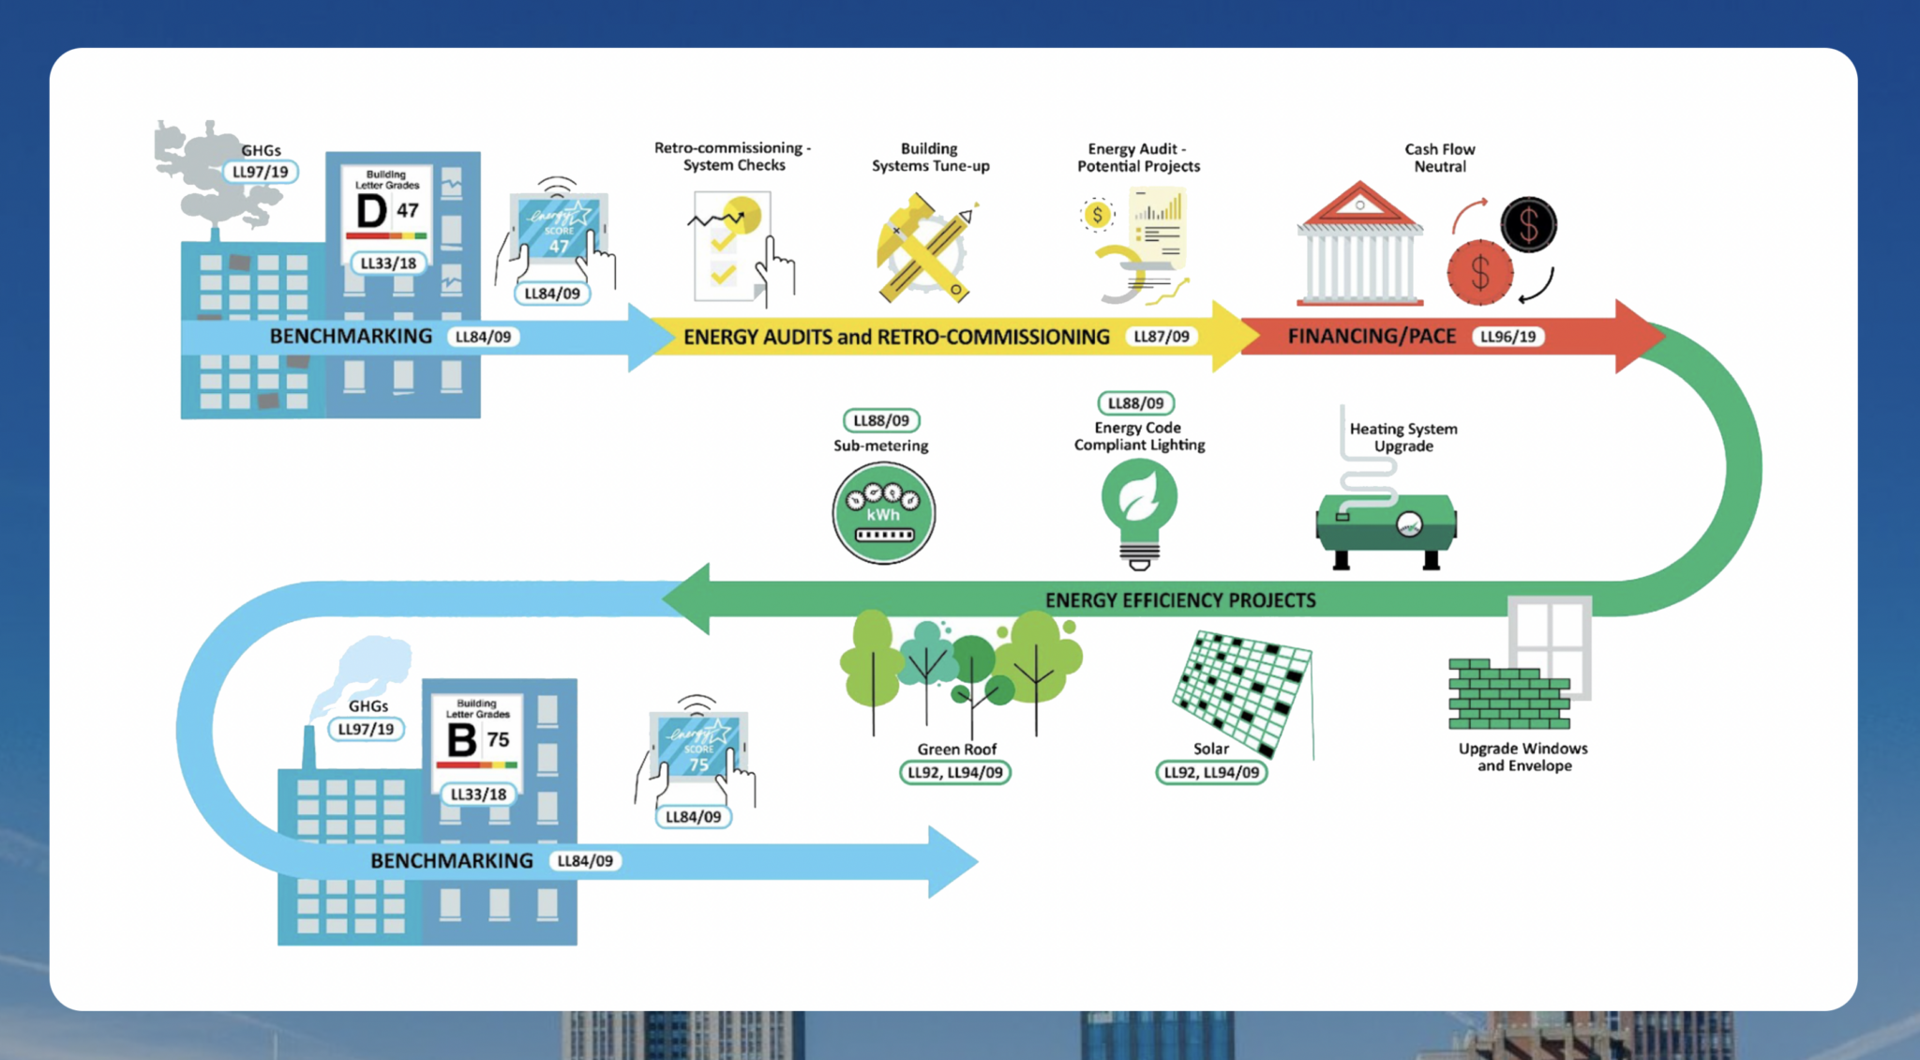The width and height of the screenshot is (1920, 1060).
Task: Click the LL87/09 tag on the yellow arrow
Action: [1161, 337]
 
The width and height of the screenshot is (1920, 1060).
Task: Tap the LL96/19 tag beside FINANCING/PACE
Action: [1507, 337]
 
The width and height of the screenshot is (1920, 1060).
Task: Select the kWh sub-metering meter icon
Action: [883, 513]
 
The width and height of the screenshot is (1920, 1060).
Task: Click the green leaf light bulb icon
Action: [1139, 507]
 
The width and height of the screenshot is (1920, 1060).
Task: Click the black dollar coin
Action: [1528, 224]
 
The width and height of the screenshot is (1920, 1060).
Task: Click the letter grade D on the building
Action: [371, 211]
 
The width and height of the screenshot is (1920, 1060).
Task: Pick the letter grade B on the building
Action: [461, 740]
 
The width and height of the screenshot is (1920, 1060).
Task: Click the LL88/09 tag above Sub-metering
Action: [881, 420]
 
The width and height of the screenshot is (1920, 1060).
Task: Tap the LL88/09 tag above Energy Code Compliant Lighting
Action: [1135, 403]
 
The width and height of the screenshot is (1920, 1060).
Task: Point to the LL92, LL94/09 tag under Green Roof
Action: [954, 773]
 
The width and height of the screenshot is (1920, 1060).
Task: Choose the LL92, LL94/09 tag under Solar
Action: [1211, 773]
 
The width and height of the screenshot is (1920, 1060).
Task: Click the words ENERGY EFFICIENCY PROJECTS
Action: [1180, 600]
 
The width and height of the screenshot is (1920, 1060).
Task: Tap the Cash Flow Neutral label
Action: [1439, 158]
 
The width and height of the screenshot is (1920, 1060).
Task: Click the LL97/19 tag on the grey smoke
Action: [261, 172]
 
